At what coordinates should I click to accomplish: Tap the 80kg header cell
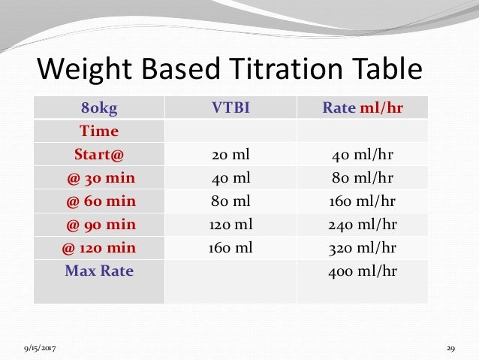(x=99, y=107)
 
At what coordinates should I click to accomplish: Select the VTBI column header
(x=230, y=107)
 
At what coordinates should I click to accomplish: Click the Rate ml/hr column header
(x=363, y=107)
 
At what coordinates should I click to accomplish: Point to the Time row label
(x=99, y=131)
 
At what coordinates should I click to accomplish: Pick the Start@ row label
(x=99, y=155)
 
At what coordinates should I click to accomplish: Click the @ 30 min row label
(x=99, y=178)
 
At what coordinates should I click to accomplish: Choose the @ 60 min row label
(x=99, y=201)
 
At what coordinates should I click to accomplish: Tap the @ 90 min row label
(x=99, y=225)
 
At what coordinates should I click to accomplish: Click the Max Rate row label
(x=99, y=271)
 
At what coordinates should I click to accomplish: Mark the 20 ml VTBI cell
(x=230, y=155)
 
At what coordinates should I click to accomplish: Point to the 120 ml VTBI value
(x=230, y=225)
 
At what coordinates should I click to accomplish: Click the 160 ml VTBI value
(x=230, y=248)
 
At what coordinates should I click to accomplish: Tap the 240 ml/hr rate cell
(x=363, y=225)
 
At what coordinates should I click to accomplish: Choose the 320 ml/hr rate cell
(x=363, y=248)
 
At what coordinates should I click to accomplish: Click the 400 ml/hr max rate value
(x=363, y=271)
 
